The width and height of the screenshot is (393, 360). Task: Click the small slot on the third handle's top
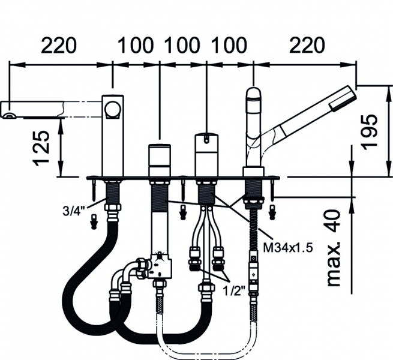pos(206,139)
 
